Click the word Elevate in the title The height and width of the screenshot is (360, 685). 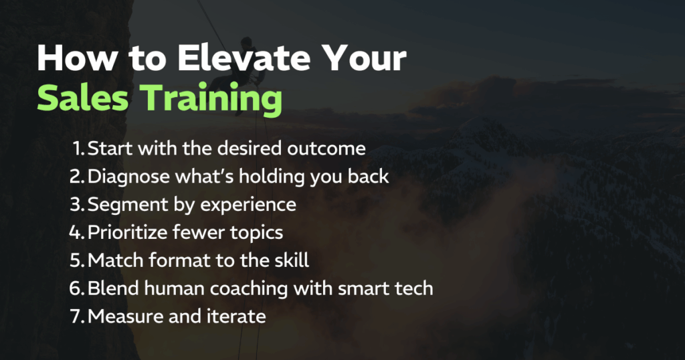click(x=243, y=58)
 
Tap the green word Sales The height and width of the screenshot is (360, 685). click(x=83, y=98)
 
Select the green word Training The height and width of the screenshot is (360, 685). click(x=211, y=100)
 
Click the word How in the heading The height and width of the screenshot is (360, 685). click(x=77, y=58)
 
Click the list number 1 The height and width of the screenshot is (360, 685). click(x=79, y=149)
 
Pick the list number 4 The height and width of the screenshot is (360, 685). click(x=76, y=232)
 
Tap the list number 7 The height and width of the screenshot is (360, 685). click(x=77, y=317)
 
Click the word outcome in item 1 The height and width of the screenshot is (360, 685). click(x=326, y=149)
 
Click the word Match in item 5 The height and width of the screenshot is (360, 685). click(x=115, y=260)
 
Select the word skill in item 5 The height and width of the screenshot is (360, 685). click(x=292, y=260)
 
